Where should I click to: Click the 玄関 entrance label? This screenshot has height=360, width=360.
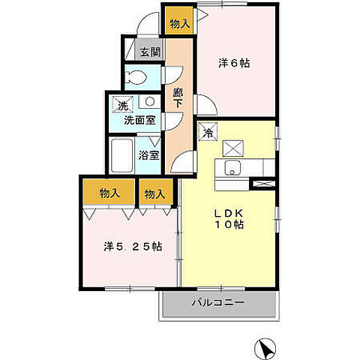150,52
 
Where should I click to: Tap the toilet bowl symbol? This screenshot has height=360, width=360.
136,76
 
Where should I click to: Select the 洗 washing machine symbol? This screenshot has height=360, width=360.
123,104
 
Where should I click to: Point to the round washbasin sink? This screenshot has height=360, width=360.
150,101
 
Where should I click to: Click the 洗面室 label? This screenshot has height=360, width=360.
140,121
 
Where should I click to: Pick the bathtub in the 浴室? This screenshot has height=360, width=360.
121,155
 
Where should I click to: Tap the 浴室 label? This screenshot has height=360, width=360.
149,155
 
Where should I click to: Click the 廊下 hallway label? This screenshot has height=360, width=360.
178,98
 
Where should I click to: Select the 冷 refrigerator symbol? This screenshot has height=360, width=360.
208,131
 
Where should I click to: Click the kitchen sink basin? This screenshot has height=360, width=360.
232,168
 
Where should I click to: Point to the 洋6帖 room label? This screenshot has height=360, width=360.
234,63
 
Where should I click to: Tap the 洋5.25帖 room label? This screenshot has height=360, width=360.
133,247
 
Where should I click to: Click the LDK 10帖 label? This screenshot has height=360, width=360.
229,219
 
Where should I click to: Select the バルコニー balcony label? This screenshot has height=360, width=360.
218,303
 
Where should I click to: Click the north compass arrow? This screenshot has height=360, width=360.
265,348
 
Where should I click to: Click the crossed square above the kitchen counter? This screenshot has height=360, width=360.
233,148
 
